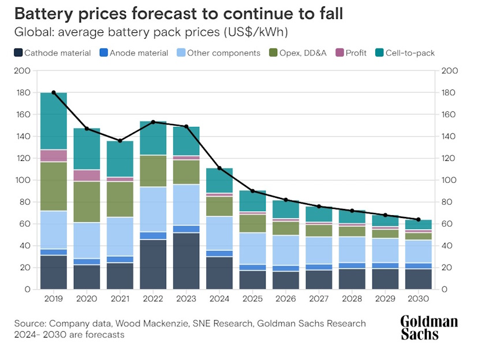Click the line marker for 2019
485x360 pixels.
click(54, 92)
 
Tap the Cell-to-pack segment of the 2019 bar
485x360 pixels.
click(54, 121)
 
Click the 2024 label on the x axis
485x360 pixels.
click(220, 300)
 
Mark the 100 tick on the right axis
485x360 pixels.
click(448, 180)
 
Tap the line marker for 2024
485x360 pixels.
click(220, 168)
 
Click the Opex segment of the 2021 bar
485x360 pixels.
click(120, 199)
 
